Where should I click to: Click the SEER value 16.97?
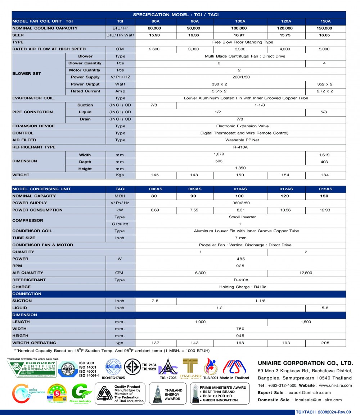coord(240,35)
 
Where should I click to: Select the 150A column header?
coord(325,21)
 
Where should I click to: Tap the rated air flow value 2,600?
coord(154,49)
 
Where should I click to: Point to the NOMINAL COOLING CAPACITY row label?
coord(45,28)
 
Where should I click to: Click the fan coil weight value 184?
coord(325,175)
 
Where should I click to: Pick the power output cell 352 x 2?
coord(325,84)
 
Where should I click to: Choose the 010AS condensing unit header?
coord(240,189)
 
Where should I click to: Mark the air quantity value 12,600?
coord(306,273)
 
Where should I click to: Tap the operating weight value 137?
coord(155,343)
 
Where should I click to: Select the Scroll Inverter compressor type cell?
coord(240,217)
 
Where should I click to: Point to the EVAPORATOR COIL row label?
coord(33,98)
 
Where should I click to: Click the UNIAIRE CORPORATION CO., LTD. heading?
coord(305,363)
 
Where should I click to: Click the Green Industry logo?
coord(81,393)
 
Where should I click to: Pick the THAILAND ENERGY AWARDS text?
coord(174,395)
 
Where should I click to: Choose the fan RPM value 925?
coord(240,266)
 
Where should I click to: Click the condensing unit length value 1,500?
coord(306,322)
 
